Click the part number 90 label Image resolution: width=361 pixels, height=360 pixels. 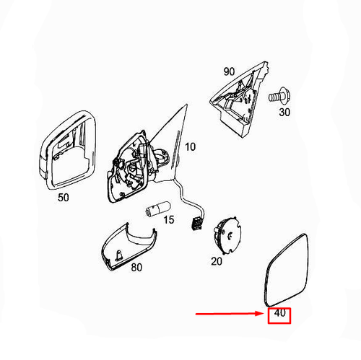(x=229, y=71)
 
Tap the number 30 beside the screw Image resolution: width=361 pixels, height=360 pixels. (x=284, y=112)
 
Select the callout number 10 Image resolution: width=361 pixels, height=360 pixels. (x=190, y=146)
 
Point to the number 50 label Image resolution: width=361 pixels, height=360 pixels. (x=64, y=198)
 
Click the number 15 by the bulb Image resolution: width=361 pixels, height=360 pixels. (x=168, y=219)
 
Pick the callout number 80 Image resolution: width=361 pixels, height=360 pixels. (x=136, y=267)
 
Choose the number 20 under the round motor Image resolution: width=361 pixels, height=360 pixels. (x=217, y=261)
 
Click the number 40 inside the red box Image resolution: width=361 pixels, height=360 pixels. (x=279, y=313)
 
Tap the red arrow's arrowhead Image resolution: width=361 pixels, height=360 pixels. (x=261, y=313)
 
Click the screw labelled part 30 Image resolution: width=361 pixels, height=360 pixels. (x=279, y=96)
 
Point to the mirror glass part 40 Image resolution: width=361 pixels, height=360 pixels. (x=285, y=271)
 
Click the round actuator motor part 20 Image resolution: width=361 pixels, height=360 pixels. (x=227, y=235)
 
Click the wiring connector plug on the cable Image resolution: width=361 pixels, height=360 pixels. (x=196, y=223)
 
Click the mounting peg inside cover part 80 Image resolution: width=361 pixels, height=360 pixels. (x=120, y=255)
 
